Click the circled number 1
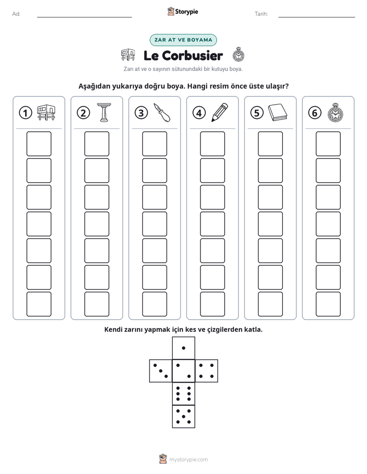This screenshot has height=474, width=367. pyautogui.click(x=25, y=113)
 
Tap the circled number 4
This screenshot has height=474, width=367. pyautogui.click(x=199, y=113)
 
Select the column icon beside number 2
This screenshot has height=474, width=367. pyautogui.click(x=104, y=112)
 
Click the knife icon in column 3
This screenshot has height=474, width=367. pyautogui.click(x=162, y=112)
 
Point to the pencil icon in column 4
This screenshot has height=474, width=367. pyautogui.click(x=220, y=112)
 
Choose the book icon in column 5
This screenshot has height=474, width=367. pyautogui.click(x=278, y=112)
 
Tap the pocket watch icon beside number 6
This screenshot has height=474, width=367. pyautogui.click(x=336, y=112)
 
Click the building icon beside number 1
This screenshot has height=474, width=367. pyautogui.click(x=46, y=112)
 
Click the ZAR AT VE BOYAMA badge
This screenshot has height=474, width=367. pyautogui.click(x=183, y=40)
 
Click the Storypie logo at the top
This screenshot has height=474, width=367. pyautogui.click(x=183, y=12)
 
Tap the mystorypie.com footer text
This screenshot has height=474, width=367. pyautogui.click(x=188, y=460)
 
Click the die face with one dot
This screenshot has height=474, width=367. pyautogui.click(x=183, y=348)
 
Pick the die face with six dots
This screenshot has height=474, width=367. pyautogui.click(x=183, y=393)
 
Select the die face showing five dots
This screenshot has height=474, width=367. pyautogui.click(x=183, y=417)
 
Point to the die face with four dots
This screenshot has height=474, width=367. pyautogui.click(x=207, y=371)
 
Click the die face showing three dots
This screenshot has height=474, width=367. pyautogui.click(x=161, y=371)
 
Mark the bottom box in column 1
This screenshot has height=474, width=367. pyautogui.click(x=39, y=304)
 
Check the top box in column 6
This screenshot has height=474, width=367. pyautogui.click(x=328, y=144)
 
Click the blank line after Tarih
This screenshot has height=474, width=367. pyautogui.click(x=317, y=17)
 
